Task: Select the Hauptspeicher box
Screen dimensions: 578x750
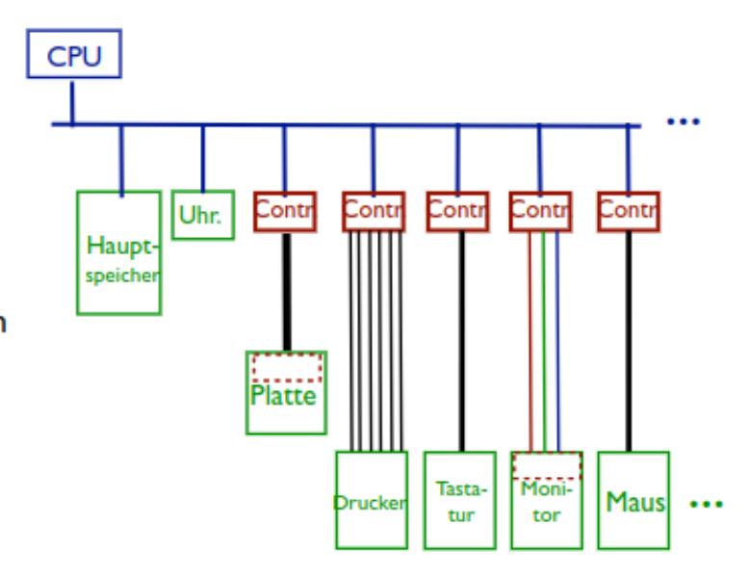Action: coord(119,251)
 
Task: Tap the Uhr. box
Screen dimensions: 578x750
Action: coord(202,214)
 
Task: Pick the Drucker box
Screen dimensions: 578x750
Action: coord(371,500)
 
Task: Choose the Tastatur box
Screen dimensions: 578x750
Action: coord(459,500)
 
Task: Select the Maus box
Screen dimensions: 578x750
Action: coord(632,500)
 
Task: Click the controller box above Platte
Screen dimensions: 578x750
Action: coord(285,212)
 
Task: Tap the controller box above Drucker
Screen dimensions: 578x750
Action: coord(373,212)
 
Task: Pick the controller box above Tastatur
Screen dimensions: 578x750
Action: coord(458,212)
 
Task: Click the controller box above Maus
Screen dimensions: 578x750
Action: coord(629,212)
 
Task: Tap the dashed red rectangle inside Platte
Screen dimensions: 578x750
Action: coord(286,368)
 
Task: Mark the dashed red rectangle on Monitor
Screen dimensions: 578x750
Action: coord(546,465)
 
